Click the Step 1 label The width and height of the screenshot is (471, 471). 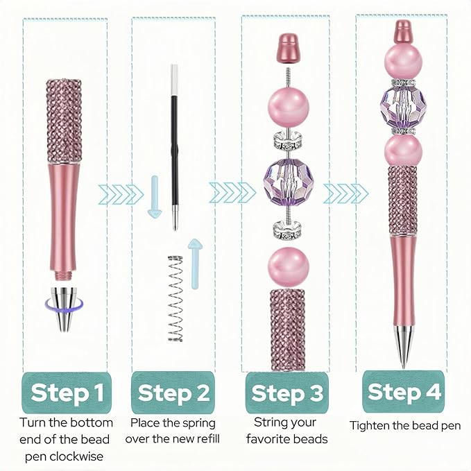[x=67, y=393]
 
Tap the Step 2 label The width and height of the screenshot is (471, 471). [x=173, y=393]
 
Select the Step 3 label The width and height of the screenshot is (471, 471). [x=286, y=393]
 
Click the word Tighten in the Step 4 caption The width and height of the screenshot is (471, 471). [x=370, y=425]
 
